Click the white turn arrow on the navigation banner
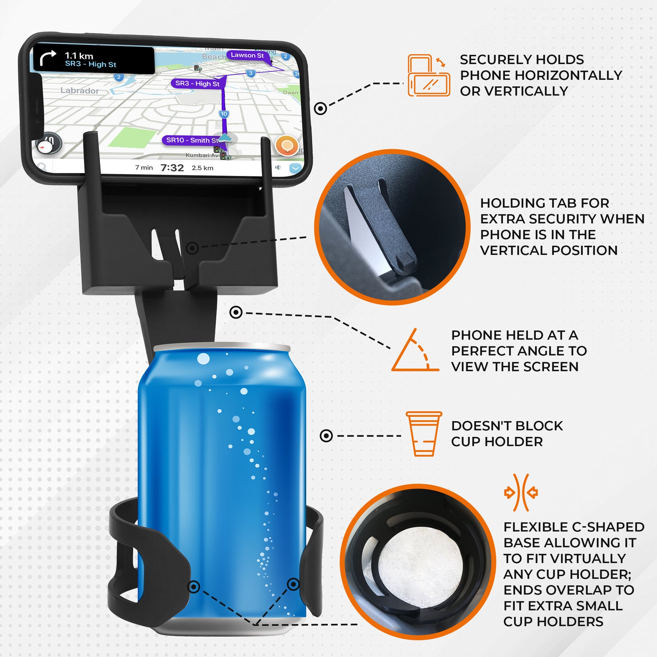coord(48,59)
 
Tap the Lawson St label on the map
coord(247,55)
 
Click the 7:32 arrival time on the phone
coord(172,168)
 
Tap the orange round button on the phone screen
coord(287,146)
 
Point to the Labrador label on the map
coord(79,90)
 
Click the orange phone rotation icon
coord(428,75)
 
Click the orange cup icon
coord(424,433)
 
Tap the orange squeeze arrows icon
coord(521,492)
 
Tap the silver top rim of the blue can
coord(222,348)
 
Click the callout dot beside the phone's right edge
coord(320,108)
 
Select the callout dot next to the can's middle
coord(326,436)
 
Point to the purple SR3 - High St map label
coord(197,83)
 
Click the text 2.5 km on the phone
coord(203,168)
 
